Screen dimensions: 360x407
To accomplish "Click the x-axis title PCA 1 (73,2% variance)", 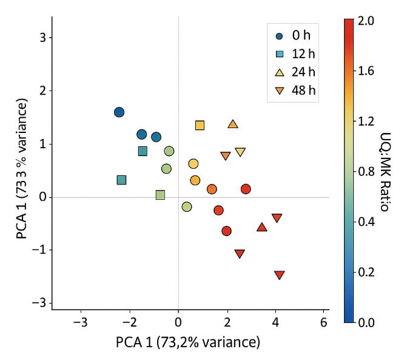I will (188, 342).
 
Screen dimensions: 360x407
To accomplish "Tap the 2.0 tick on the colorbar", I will (366, 21).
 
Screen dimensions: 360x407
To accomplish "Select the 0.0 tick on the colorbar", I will (366, 322).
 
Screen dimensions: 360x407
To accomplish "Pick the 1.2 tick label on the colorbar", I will (366, 121).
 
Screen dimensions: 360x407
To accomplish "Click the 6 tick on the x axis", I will (325, 321).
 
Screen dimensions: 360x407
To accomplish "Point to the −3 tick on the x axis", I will (81, 321).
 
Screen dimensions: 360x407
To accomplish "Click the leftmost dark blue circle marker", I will (119, 112).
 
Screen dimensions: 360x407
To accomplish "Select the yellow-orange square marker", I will (200, 126).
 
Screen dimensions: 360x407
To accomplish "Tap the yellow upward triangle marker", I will (233, 124).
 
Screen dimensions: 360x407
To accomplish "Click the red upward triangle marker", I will (261, 228).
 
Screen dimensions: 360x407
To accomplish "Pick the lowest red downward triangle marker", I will (279, 275).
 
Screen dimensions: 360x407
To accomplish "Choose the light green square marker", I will (160, 195).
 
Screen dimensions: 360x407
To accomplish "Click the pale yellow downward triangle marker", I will (240, 152).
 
